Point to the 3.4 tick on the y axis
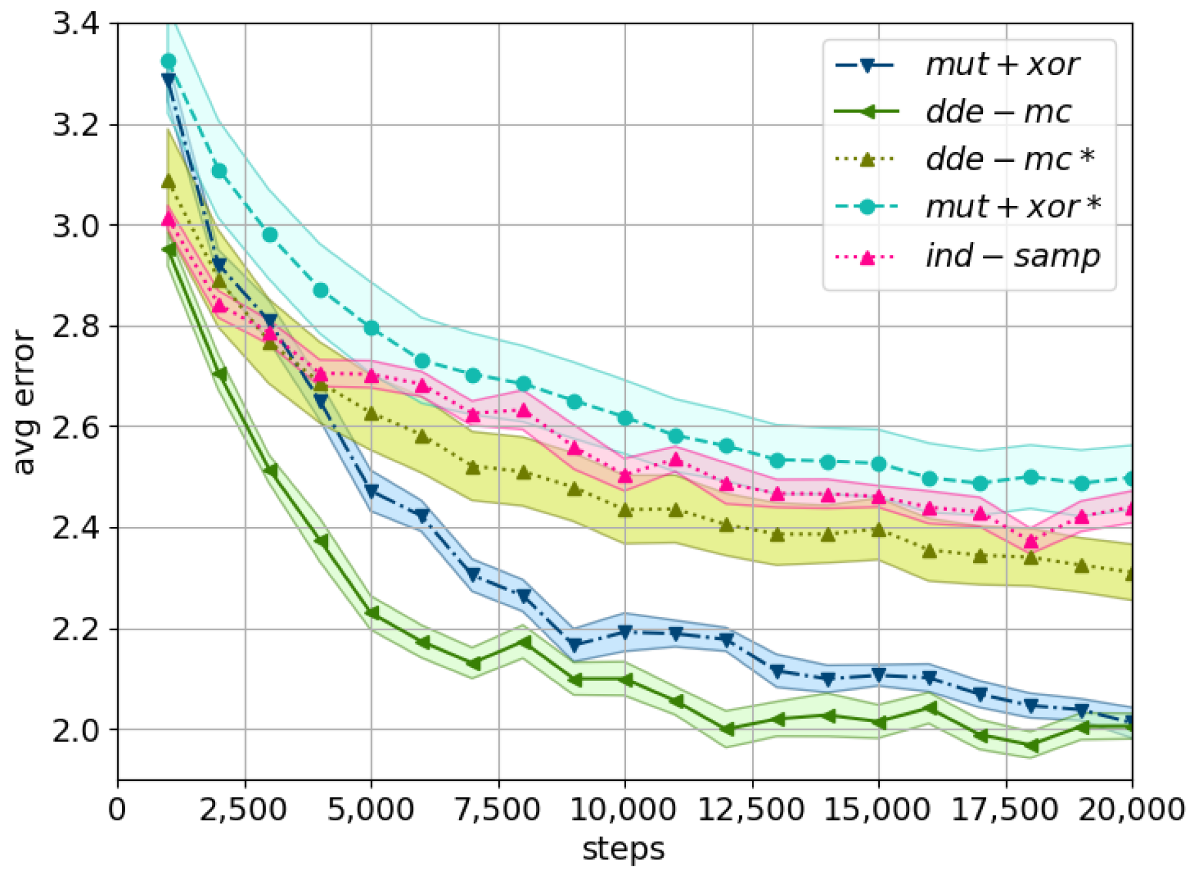coord(76,24)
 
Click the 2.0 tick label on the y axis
coord(76,731)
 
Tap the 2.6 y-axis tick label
coord(76,427)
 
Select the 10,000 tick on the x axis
coord(624,810)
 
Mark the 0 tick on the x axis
coord(117,810)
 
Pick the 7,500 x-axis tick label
coord(498,810)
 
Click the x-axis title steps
coord(623,849)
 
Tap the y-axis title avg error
coord(23,402)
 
